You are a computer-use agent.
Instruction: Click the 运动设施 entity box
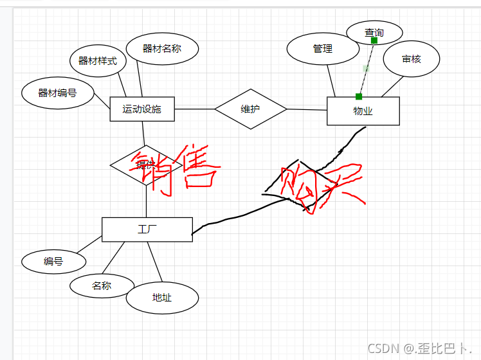[142, 109]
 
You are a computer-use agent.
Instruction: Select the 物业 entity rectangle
[363, 111]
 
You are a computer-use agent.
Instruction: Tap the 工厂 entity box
[147, 230]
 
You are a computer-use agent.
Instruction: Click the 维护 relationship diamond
[250, 109]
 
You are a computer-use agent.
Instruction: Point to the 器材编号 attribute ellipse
[58, 93]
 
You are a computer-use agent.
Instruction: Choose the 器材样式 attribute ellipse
[98, 61]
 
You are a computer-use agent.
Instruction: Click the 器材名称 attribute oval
[162, 49]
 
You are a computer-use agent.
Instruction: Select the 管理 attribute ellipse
[323, 49]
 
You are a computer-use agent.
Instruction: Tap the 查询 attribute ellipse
[374, 32]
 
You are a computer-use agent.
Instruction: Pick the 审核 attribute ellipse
[412, 59]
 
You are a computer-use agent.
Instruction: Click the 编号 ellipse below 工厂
[53, 262]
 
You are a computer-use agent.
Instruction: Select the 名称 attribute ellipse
[102, 286]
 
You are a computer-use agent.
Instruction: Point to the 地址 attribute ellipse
[162, 298]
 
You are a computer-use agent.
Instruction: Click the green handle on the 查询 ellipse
[374, 40]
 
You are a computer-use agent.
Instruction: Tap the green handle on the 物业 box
[359, 96]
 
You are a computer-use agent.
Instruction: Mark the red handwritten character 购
[297, 186]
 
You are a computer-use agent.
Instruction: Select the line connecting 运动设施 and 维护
[194, 109]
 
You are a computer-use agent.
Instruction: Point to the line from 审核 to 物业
[392, 87]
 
